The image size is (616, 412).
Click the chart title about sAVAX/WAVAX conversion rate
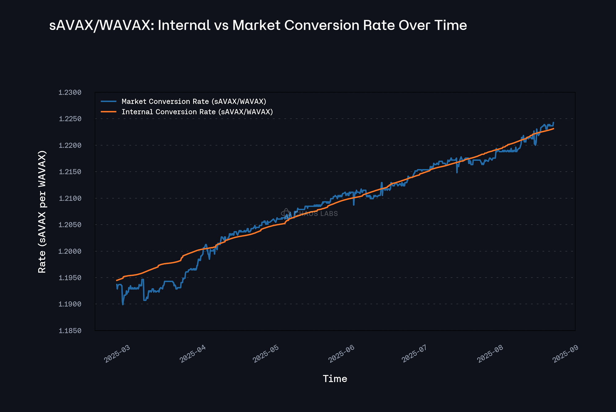coord(258,25)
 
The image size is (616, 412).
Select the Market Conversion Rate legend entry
coord(194,101)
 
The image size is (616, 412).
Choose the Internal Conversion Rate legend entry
coord(197,112)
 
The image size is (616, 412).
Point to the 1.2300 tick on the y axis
coord(70,93)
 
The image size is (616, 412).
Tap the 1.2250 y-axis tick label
coord(70,119)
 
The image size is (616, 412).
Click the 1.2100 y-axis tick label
coord(70,198)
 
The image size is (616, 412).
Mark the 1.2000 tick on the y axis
coord(70,251)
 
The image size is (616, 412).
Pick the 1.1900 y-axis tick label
coord(70,304)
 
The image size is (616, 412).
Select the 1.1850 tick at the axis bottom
coord(70,331)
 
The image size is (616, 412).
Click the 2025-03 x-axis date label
coord(117,354)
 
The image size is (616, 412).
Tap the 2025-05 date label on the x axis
coord(265,354)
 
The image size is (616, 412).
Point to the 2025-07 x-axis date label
coord(415,354)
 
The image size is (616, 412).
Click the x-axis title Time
coord(335,379)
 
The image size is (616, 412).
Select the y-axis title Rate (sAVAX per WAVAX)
coord(42,212)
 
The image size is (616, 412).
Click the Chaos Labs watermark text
coord(316,213)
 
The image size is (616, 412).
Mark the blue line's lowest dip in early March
coord(123,304)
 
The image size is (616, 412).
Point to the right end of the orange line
coord(554,129)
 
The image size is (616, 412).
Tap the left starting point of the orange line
coord(116,280)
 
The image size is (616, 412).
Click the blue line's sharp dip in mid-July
coord(457,172)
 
